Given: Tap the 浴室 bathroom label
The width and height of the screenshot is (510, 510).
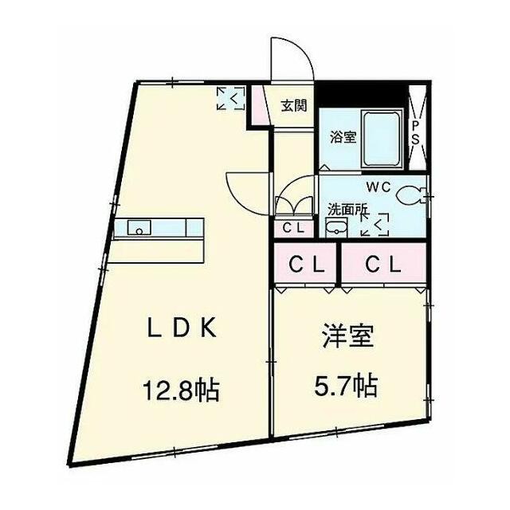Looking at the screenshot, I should coord(343,136).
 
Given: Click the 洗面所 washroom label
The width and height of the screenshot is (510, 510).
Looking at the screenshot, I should coord(348,210).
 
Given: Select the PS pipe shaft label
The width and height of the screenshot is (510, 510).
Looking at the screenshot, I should coord(416,131).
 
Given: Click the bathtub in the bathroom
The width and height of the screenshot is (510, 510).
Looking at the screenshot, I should coord(382,135).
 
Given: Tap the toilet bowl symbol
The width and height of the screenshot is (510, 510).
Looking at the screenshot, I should coord(412,194).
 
